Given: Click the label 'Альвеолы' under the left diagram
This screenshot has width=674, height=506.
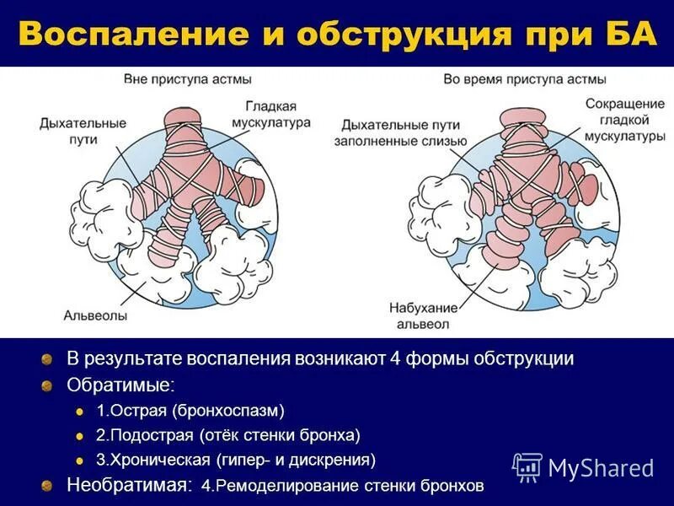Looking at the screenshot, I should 95,316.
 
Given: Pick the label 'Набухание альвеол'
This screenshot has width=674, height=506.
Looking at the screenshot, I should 425,316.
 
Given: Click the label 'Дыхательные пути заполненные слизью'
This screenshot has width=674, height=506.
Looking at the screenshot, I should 400,134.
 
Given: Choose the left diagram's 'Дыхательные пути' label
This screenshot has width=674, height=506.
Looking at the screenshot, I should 74,130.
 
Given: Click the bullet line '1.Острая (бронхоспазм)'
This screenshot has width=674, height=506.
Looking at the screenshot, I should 190,411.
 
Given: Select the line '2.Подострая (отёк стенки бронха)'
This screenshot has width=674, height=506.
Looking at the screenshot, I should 227,435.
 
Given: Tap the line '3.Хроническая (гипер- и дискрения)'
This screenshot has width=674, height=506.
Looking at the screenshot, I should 236,460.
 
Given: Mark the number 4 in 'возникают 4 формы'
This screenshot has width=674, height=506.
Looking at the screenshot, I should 393,358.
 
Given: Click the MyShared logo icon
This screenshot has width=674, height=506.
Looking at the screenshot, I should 527,466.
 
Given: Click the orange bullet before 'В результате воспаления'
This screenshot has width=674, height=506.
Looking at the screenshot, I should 49,359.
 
